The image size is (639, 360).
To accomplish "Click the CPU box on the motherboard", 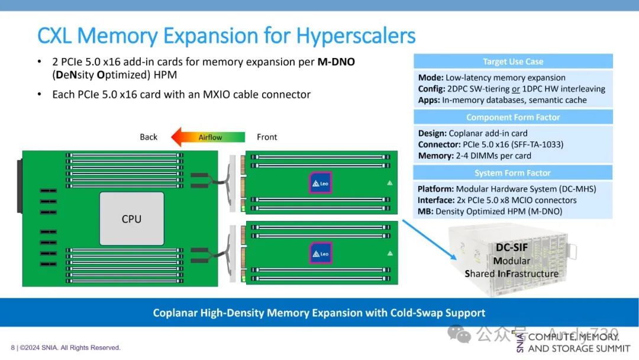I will click(131, 218).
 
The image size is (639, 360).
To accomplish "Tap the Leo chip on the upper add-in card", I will click(321, 182).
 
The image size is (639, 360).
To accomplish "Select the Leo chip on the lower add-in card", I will click(321, 253).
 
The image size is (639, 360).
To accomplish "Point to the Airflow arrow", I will click(209, 137).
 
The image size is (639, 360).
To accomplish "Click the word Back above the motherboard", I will click(149, 137).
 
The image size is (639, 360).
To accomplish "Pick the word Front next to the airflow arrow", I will click(267, 137).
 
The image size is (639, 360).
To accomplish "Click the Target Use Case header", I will click(513, 62).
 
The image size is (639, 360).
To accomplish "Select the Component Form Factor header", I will click(513, 117).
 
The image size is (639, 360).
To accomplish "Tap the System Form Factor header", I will click(513, 173).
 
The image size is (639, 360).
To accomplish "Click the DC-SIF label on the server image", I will click(511, 247).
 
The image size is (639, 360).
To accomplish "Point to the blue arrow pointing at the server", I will click(430, 240).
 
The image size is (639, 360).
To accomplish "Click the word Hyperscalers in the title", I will click(356, 36).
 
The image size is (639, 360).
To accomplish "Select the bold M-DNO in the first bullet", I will click(336, 62).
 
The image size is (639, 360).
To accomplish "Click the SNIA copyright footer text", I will click(66, 348).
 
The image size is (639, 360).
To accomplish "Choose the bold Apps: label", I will click(429, 100).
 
